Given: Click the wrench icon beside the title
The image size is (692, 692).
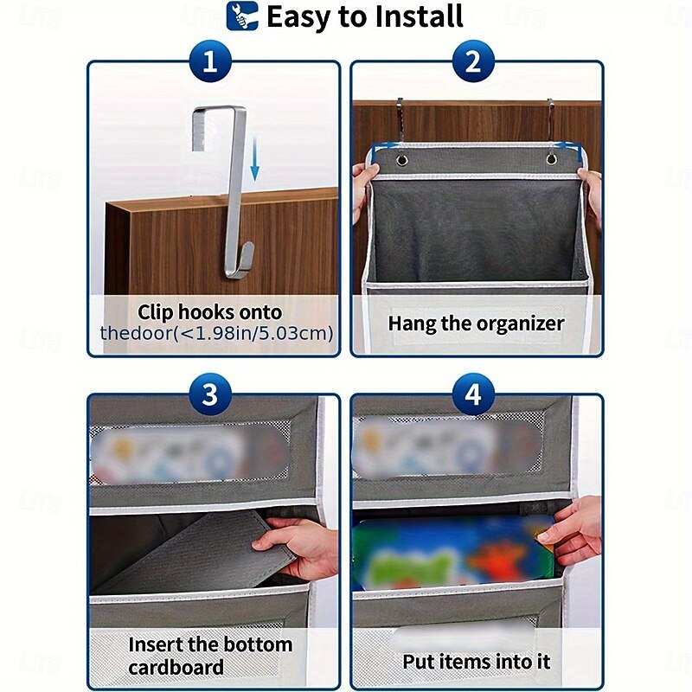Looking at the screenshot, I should coord(243,16).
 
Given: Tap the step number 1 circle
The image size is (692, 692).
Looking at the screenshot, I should coord(209,62).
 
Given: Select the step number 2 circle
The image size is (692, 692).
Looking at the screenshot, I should coord(473,62).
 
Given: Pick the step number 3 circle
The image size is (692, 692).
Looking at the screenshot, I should coord(209,395).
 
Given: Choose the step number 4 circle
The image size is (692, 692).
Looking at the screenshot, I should coord(473,395).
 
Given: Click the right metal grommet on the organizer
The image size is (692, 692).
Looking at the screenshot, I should coord(551,161).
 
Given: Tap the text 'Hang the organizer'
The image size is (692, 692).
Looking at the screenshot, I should coord(476,324).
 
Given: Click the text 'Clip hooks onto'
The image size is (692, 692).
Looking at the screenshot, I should coord(210,312).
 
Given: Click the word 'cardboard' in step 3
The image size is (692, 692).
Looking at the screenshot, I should coord(176,667).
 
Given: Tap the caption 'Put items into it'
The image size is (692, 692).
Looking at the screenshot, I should coord(476,662).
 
